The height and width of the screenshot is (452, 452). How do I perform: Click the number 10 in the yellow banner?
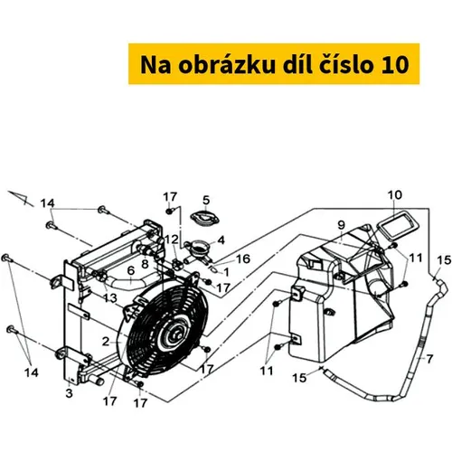tap(395, 65)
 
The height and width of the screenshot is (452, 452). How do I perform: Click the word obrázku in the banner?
tap(227, 64)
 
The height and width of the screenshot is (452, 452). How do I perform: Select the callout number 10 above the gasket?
tap(395, 195)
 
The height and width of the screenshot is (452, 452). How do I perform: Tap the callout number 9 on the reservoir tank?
tap(341, 225)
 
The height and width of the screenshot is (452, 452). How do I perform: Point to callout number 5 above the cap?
tap(206, 200)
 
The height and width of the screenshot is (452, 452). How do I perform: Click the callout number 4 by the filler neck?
tap(221, 240)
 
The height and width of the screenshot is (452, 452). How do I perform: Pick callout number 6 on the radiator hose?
tap(131, 270)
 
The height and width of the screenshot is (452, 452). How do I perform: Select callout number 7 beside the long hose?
tap(429, 359)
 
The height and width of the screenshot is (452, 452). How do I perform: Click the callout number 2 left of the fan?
tap(106, 342)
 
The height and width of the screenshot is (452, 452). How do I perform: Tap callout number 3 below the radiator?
tap(70, 393)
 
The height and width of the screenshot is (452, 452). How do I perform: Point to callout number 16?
tap(243, 259)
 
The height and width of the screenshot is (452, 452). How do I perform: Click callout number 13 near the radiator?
tap(110, 298)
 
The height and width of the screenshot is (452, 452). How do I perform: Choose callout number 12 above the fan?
tap(172, 240)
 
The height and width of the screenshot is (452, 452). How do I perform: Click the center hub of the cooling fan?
tap(176, 333)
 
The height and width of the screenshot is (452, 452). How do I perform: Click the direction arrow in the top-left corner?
tap(21, 198)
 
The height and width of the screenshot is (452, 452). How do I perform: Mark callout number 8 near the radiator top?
tap(146, 264)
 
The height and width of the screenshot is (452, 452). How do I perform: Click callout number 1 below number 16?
tap(226, 272)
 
